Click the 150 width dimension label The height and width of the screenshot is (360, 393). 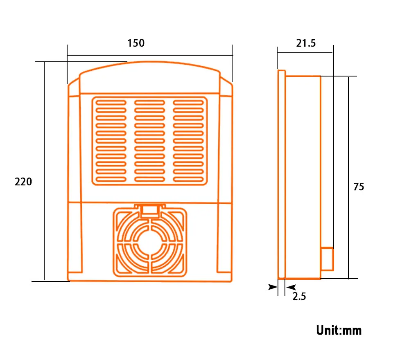point(136,43)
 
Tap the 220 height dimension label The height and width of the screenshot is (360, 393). point(23,182)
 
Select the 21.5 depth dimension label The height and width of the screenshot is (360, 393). point(306,43)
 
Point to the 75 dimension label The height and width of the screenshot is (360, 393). point(359,187)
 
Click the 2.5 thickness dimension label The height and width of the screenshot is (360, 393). point(299,296)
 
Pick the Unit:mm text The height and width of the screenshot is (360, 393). point(339,330)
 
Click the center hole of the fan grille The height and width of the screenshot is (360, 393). point(150,243)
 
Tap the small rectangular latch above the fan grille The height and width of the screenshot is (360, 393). point(150,211)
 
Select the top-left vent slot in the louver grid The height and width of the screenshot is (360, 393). point(111,102)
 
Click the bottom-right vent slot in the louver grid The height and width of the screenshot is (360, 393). point(188,179)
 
